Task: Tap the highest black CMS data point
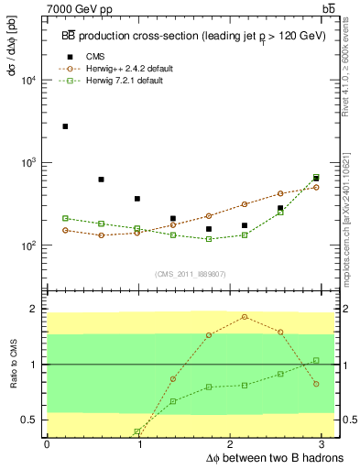click(x=65, y=126)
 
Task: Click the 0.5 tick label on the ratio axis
click(x=29, y=420)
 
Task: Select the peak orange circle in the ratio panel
click(x=245, y=317)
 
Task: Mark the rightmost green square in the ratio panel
click(x=316, y=360)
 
